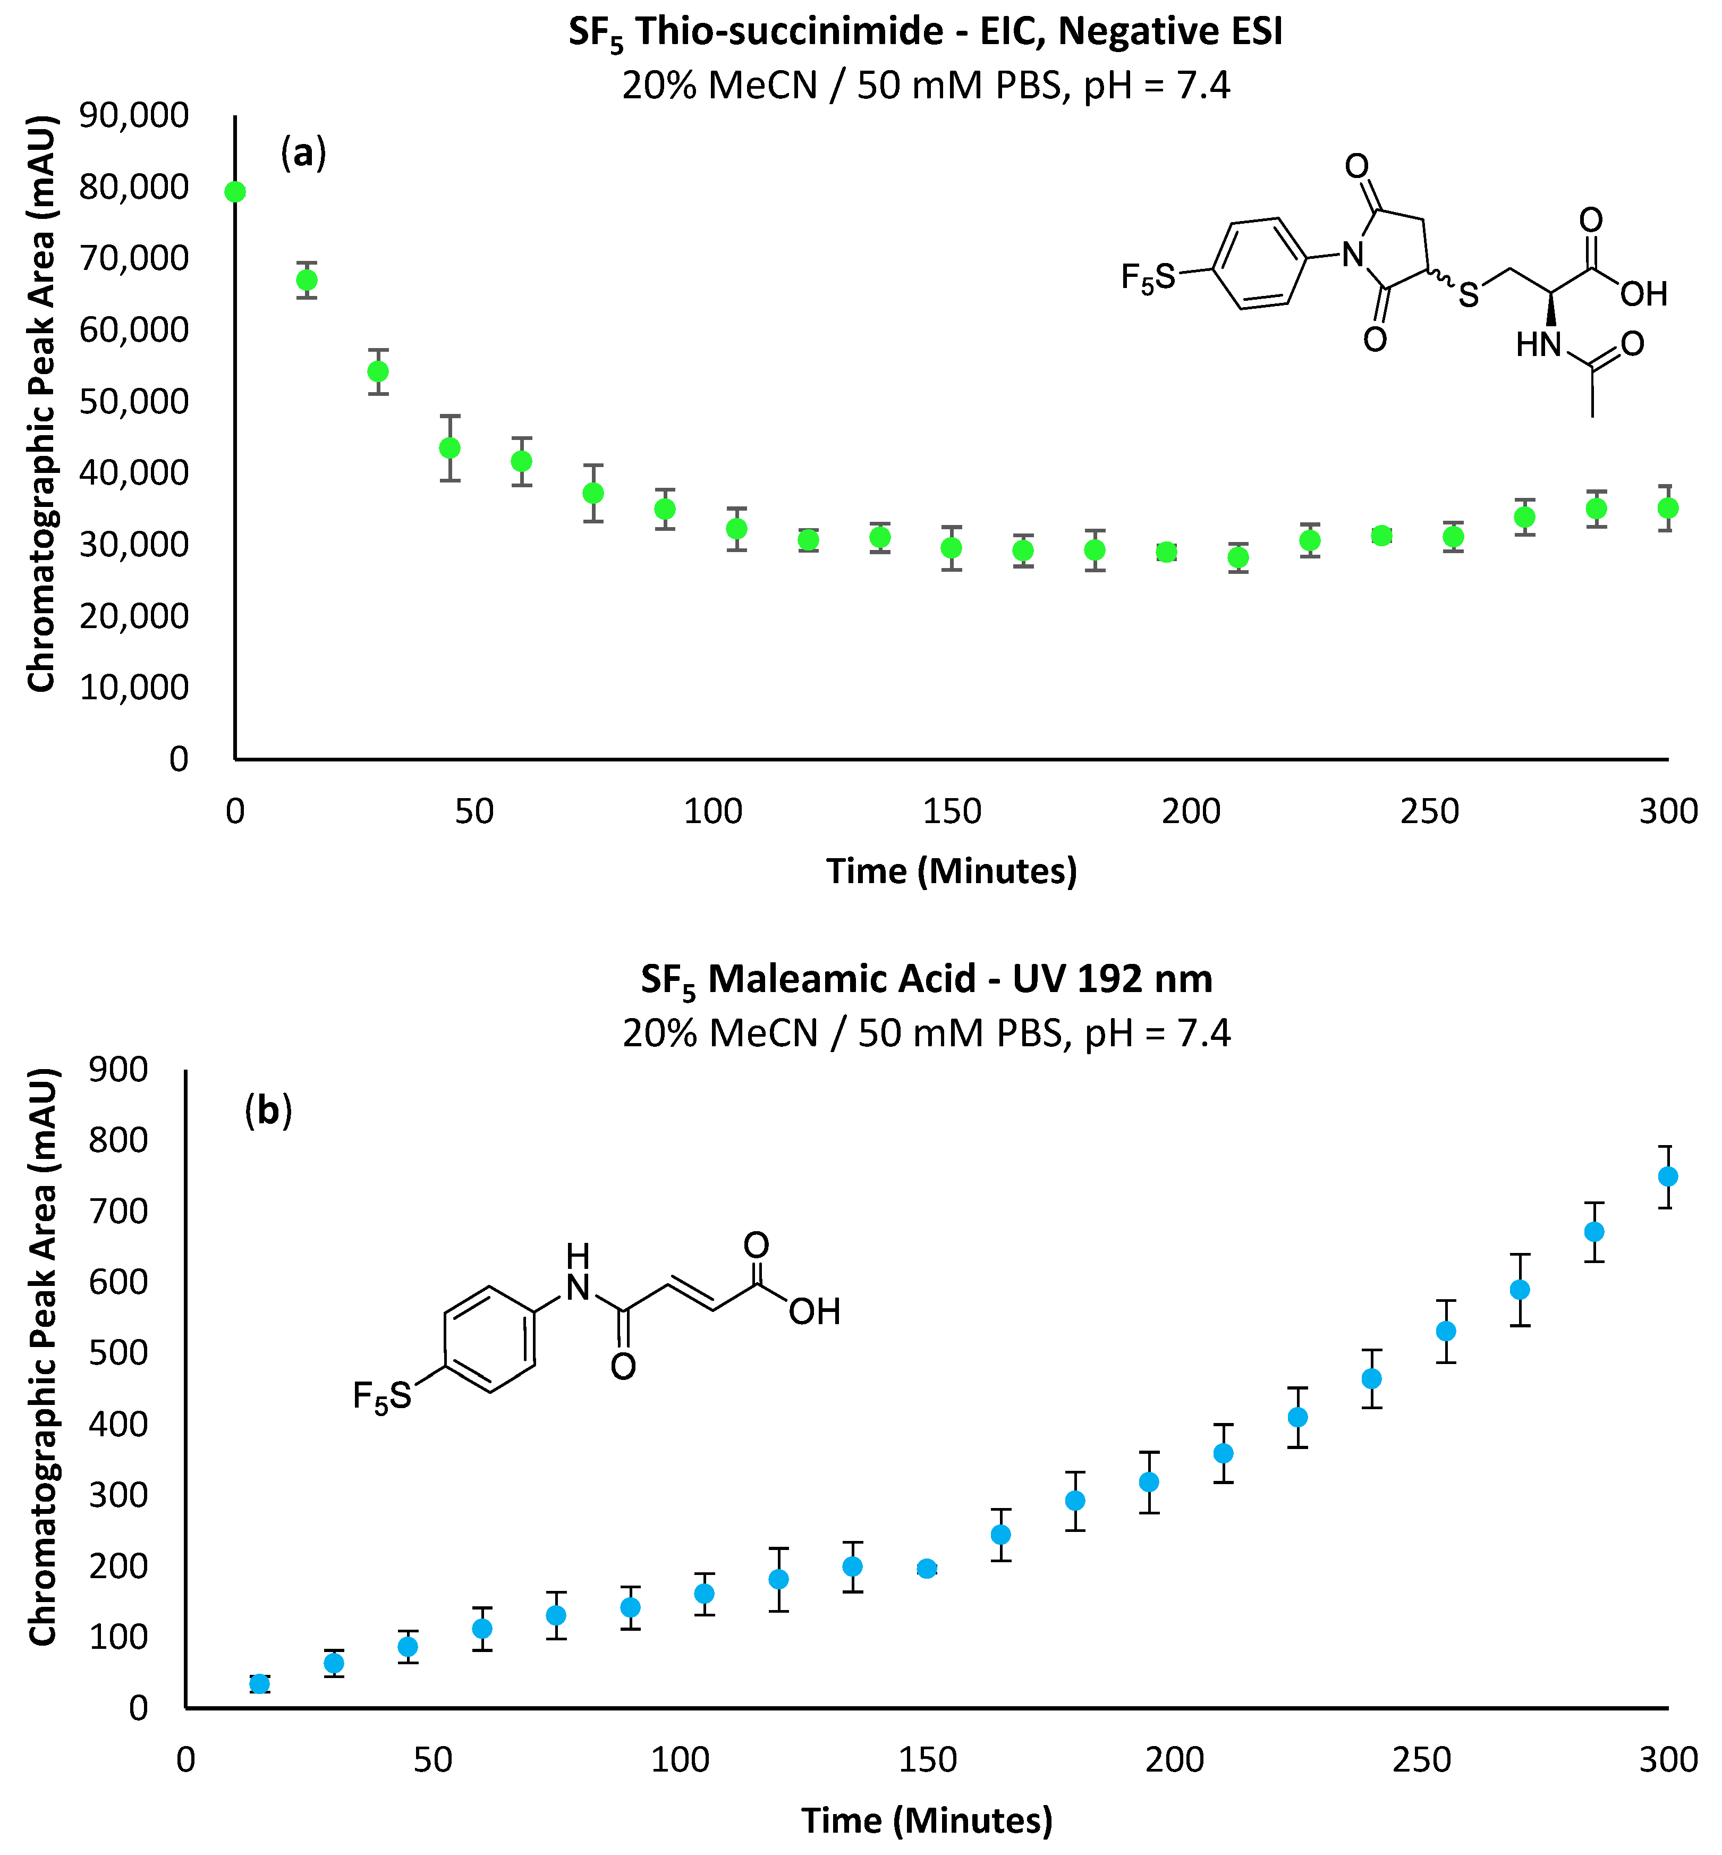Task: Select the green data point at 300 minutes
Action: tap(1668, 508)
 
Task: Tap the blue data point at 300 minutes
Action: tap(1668, 1177)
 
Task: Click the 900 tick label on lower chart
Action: tap(118, 1070)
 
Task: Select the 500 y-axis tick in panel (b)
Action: tap(118, 1353)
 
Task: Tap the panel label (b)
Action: tap(268, 1111)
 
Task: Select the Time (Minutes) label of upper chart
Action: tap(952, 870)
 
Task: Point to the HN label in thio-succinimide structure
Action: tap(1538, 346)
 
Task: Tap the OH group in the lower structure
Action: tap(815, 1312)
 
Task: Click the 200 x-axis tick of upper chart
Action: tap(1190, 811)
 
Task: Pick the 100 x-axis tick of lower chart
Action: tap(680, 1760)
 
